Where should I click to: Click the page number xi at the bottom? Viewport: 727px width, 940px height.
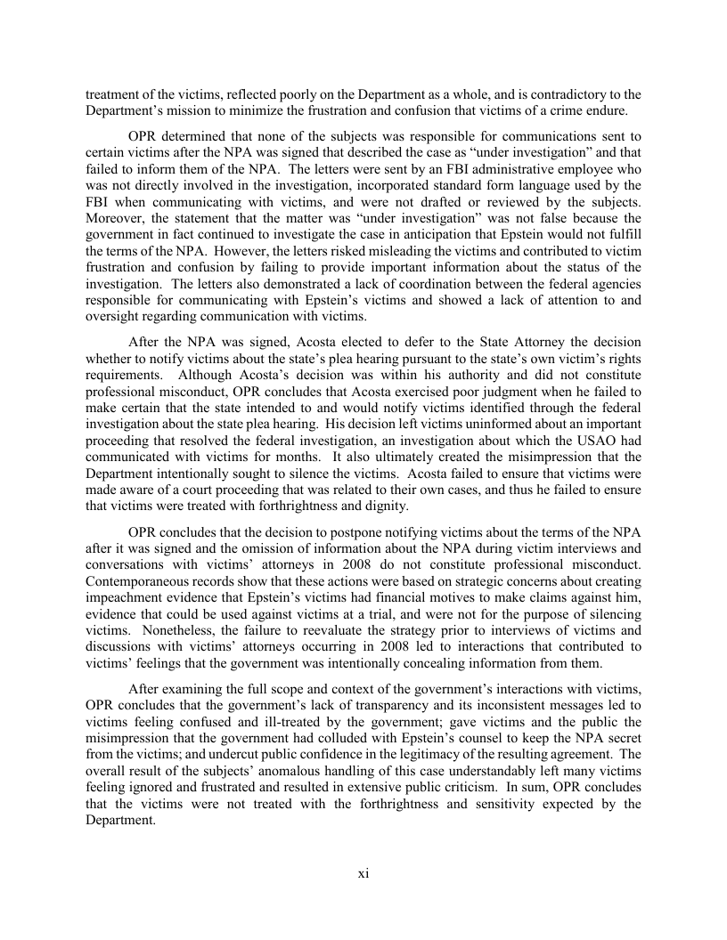pyautogui.click(x=363, y=873)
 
